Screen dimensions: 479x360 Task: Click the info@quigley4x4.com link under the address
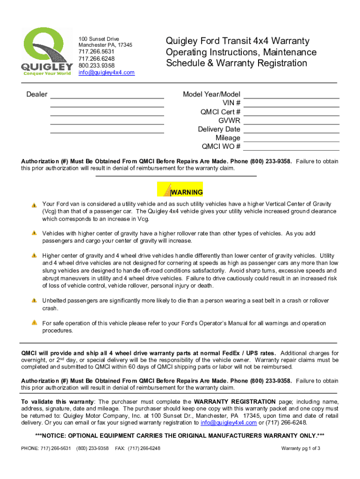(106, 73)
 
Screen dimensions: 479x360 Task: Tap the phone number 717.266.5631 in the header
(96, 52)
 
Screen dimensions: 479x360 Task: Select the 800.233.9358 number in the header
(96, 65)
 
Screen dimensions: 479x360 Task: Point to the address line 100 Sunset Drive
(99, 39)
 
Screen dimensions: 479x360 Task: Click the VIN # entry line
(291, 103)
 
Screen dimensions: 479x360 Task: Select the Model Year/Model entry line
(291, 94)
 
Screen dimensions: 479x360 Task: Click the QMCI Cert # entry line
(291, 112)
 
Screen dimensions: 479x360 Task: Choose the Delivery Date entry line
(291, 130)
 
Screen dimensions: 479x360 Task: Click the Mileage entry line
(291, 138)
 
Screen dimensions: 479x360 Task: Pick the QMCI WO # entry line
(291, 147)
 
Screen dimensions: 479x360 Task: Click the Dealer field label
(36, 94)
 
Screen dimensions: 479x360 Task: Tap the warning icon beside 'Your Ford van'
(34, 205)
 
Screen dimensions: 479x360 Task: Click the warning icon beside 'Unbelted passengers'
(34, 301)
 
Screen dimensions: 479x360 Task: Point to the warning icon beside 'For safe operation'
(34, 323)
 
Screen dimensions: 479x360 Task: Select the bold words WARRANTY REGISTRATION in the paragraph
(235, 402)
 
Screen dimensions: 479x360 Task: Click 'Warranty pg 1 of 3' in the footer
(300, 449)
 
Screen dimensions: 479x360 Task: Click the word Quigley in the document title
(182, 41)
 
